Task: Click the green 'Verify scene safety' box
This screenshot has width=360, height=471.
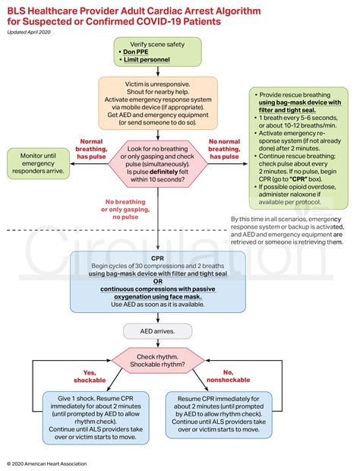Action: click(158, 51)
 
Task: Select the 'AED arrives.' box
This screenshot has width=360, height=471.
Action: click(158, 330)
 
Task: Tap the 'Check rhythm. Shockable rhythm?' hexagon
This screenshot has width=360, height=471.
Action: click(158, 362)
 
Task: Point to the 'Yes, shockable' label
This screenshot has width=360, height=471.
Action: click(94, 376)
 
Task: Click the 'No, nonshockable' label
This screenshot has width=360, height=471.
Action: click(225, 376)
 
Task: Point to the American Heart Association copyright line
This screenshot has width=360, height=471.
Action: click(46, 463)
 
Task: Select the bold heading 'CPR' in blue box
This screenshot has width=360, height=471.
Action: click(158, 258)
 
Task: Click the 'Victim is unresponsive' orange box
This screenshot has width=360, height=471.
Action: click(158, 100)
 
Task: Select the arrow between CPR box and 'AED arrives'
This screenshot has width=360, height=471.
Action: click(158, 318)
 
